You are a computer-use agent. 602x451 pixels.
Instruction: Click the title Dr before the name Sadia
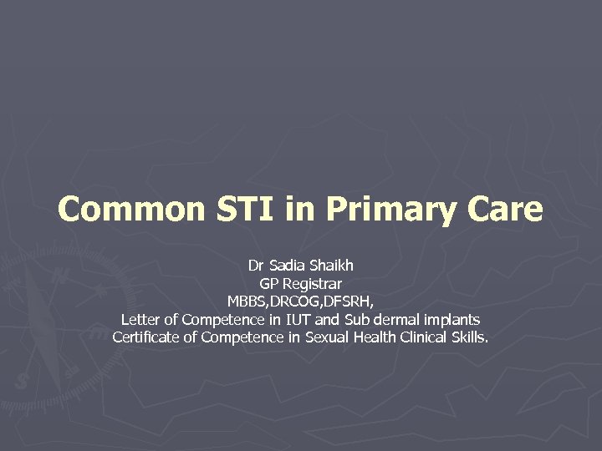pos(255,266)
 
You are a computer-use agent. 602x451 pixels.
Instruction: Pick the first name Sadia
pos(287,266)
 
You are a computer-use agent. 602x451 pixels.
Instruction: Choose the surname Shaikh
pos(332,266)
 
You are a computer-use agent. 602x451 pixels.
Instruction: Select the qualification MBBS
pos(247,302)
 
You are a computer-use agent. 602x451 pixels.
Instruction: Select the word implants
pos(452,321)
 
